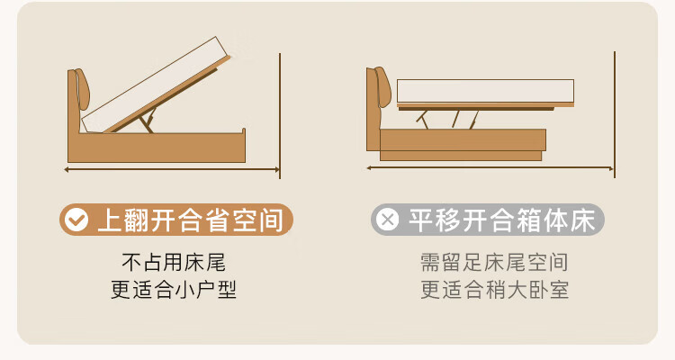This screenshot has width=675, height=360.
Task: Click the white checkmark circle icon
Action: [76, 220]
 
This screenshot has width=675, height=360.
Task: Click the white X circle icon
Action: [387, 220]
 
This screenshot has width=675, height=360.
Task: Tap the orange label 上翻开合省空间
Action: [176, 220]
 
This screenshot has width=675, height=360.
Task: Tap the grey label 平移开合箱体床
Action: [488, 220]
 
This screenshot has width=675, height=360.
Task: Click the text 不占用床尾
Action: [174, 262]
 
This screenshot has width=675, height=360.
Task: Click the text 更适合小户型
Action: [174, 290]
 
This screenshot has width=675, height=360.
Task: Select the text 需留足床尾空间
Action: [494, 262]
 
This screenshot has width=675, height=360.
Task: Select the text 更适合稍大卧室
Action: [494, 290]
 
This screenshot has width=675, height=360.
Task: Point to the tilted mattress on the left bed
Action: [155, 84]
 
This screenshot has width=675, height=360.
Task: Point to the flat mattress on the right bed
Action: [485, 91]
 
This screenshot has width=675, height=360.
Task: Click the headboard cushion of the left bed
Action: [82, 88]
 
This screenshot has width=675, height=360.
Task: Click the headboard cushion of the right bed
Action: [382, 86]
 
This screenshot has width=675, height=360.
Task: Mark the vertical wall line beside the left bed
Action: [280, 116]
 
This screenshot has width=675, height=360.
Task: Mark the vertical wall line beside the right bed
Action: [615, 114]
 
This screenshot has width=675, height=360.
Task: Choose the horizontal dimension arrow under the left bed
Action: [172, 170]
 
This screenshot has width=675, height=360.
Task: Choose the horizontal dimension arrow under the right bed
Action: [490, 168]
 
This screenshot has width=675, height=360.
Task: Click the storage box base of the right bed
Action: [462, 145]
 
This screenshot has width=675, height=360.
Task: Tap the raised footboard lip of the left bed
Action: [244, 130]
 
